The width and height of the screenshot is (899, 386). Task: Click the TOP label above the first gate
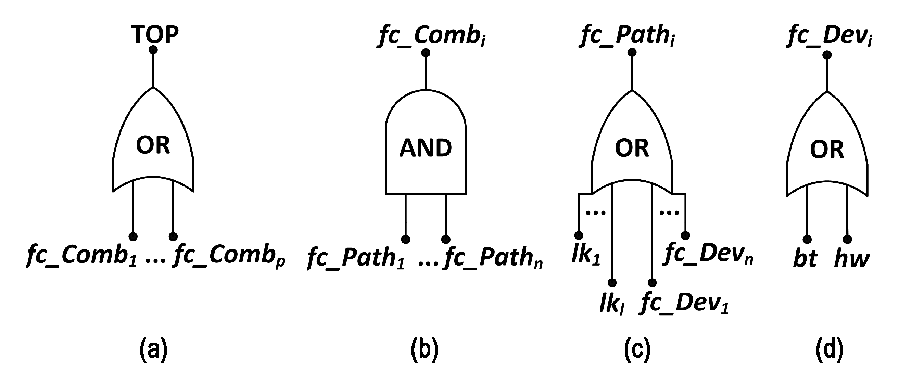155,34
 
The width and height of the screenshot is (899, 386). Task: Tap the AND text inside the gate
426,148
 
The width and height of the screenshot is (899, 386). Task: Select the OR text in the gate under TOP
153,145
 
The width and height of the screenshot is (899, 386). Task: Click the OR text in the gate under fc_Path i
632,148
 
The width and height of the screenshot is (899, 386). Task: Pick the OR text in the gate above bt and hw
827,150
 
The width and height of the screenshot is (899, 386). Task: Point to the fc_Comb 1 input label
82,256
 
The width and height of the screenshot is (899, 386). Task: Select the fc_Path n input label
493,258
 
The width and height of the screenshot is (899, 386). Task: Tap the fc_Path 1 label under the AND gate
356,258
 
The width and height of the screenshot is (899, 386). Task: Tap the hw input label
852,259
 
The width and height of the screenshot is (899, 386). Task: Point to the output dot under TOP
153,50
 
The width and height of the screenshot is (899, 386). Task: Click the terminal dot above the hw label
847,240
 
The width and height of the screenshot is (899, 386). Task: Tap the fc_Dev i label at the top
830,36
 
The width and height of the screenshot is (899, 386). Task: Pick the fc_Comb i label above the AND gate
431,36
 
